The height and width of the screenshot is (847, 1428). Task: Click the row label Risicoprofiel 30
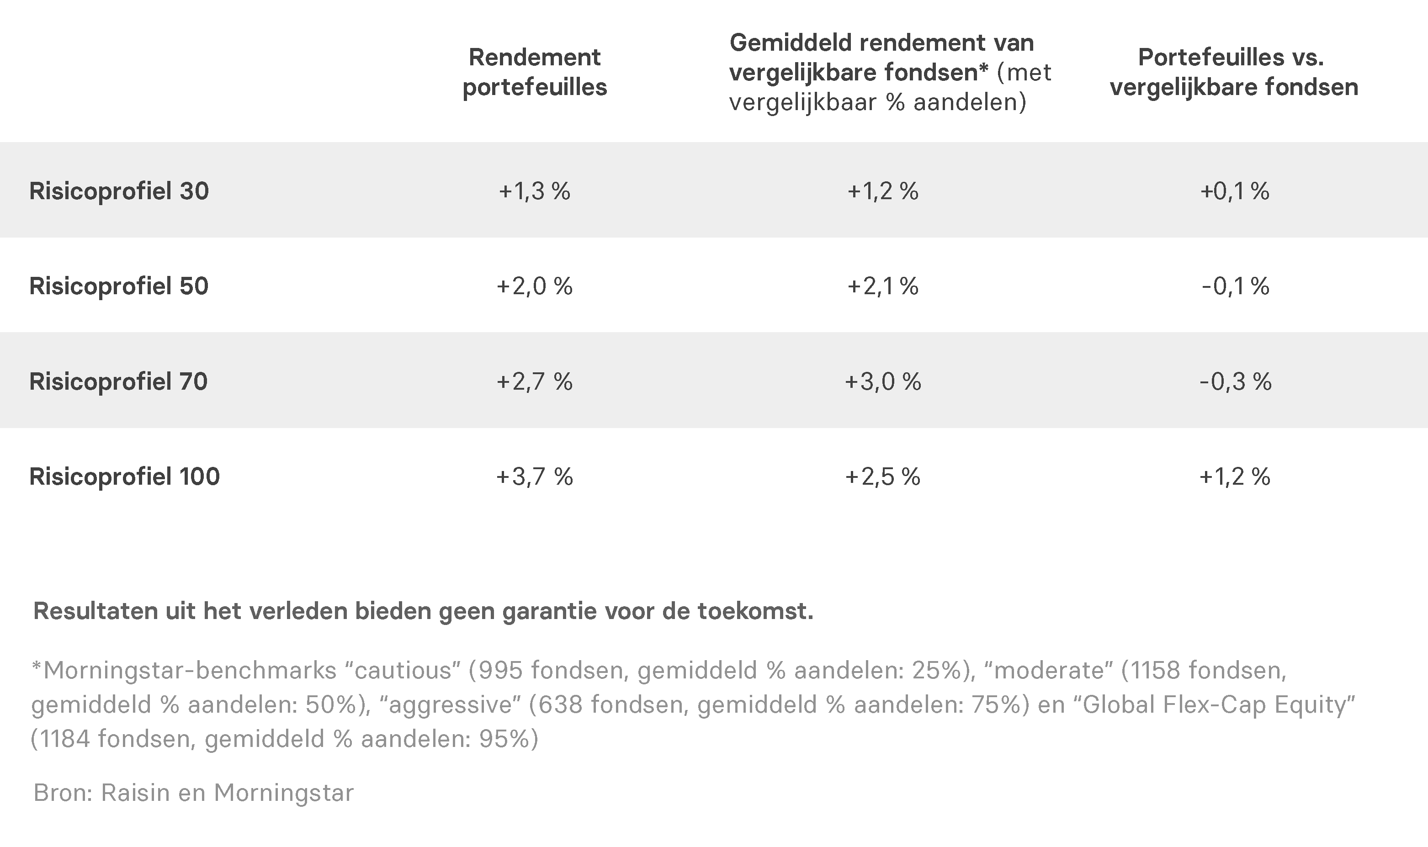119,191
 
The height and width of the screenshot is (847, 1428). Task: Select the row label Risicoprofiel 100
124,476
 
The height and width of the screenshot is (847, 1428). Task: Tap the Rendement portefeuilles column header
535,72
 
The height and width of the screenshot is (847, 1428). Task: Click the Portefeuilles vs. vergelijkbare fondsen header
1234,72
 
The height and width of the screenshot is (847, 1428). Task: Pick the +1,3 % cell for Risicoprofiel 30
535,191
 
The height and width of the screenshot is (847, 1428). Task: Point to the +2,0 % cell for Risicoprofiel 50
535,286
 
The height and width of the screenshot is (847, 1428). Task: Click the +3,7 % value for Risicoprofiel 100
535,476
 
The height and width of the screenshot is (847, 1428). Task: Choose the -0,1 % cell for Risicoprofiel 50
1235,286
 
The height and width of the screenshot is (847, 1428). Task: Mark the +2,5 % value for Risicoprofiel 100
883,476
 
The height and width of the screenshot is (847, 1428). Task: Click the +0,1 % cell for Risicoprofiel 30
1235,191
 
